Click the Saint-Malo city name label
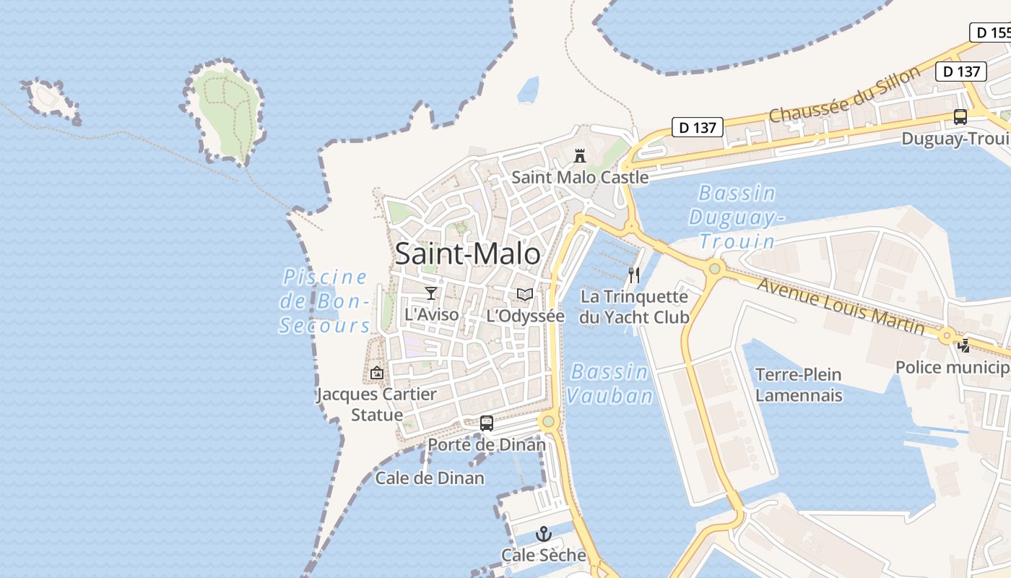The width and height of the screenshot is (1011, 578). click(x=467, y=254)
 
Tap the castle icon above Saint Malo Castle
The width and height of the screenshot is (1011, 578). click(x=579, y=155)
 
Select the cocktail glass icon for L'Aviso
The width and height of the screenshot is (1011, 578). click(x=431, y=293)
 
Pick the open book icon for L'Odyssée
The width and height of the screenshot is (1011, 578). click(x=525, y=295)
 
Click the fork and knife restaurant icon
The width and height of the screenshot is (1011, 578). click(x=634, y=275)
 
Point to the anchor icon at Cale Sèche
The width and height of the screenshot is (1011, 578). click(x=543, y=534)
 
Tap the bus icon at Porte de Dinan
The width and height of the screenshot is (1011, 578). click(x=487, y=423)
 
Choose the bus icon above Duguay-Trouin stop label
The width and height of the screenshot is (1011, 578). click(x=960, y=117)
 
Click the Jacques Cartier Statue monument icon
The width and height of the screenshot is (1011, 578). click(x=376, y=373)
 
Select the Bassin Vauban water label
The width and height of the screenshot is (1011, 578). click(x=610, y=384)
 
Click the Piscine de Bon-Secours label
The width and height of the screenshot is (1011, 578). click(x=325, y=301)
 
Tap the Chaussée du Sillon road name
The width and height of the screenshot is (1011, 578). click(x=844, y=95)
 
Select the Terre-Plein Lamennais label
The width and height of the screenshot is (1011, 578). click(x=799, y=385)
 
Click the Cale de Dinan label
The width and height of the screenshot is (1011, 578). click(x=430, y=478)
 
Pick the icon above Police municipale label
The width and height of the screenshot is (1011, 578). click(x=964, y=346)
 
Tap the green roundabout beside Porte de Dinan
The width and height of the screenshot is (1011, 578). click(x=548, y=420)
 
